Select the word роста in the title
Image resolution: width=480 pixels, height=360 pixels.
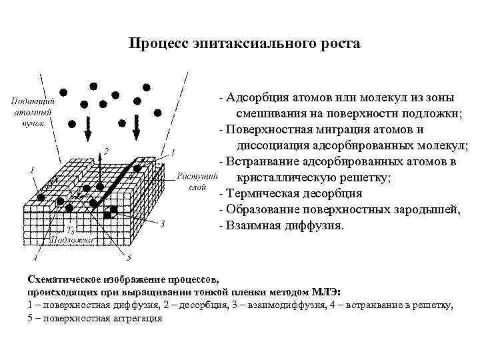(x=340, y=43)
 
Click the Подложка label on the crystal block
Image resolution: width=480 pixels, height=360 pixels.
(x=80, y=237)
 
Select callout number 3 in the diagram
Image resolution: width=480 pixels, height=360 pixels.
(x=163, y=223)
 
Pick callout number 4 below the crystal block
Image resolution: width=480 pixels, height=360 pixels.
(x=36, y=257)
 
